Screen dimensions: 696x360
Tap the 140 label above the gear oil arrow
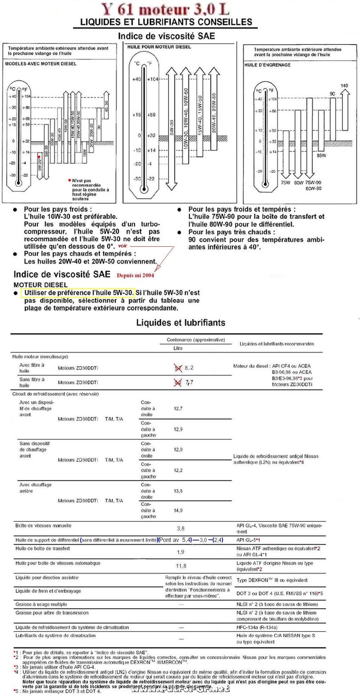tap(344, 86)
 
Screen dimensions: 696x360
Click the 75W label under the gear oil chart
tap(285, 183)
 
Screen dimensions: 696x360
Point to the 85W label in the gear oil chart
tap(321, 156)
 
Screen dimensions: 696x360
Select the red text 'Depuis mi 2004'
tap(135, 275)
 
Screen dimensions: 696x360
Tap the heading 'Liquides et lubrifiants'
tap(180, 323)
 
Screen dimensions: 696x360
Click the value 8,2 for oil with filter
tap(189, 368)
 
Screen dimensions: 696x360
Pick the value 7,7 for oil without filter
tap(189, 382)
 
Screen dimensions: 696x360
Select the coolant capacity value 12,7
tap(178, 409)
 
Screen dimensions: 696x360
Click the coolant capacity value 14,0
tap(178, 510)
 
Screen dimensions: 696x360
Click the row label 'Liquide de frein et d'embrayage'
tap(48, 591)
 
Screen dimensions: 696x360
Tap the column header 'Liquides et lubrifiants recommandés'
tap(276, 344)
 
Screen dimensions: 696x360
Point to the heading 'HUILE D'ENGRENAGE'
tap(267, 65)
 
